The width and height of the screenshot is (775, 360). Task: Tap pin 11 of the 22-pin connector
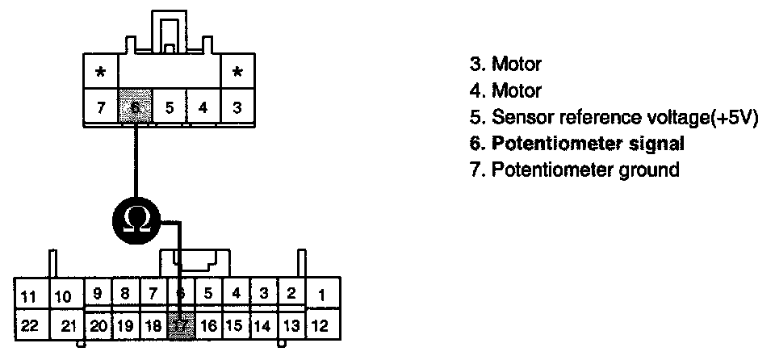click(28, 296)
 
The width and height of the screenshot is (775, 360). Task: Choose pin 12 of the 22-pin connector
click(320, 326)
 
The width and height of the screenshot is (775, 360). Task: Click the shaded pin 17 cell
click(182, 326)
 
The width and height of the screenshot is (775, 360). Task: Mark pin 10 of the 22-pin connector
click(64, 296)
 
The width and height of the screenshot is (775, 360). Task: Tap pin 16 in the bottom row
click(209, 326)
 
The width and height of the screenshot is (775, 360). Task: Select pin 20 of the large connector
click(98, 326)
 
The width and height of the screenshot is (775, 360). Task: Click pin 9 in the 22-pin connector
click(98, 294)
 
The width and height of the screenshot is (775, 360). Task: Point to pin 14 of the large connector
click(262, 326)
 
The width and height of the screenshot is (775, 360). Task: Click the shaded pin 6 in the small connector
click(135, 107)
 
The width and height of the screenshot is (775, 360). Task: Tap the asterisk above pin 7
click(101, 72)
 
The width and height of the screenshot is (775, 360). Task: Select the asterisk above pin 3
click(237, 72)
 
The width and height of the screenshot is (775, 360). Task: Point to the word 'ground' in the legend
click(650, 170)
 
